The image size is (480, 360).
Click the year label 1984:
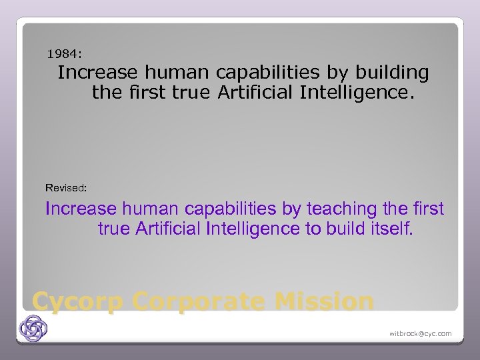[65, 52]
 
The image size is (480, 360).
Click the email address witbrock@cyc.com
[420, 333]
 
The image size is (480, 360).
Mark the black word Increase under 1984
[99, 72]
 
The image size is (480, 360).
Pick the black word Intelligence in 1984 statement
[357, 92]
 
